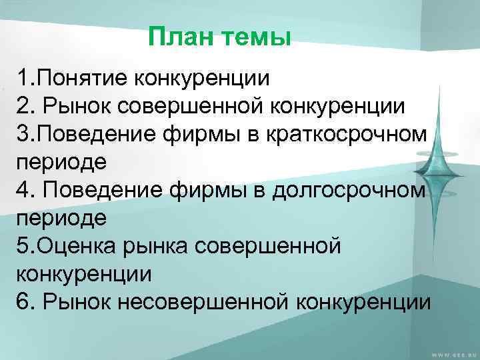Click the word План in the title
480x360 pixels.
(177, 37)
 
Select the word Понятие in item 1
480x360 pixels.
(83, 79)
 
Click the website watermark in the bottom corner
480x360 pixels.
(446, 354)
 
